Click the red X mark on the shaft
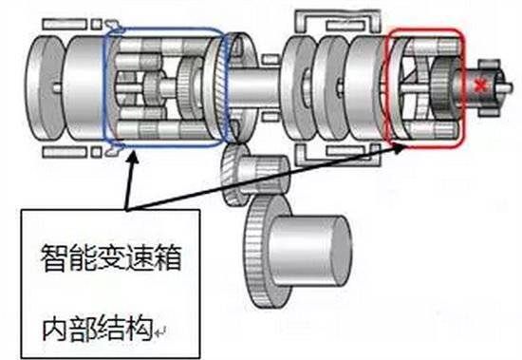tap(480, 86)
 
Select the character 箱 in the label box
tap(167, 258)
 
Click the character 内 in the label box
tap(56, 329)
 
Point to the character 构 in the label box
tap(140, 329)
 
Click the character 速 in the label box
tap(139, 258)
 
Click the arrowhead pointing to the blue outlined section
tap(133, 157)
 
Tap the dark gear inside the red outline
tap(445, 87)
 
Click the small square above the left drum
tap(96, 24)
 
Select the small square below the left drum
tap(96, 152)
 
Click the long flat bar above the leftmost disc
tap(65, 24)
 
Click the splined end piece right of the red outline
tap(491, 87)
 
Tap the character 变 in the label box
tap(111, 258)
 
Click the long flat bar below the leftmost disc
tap(65, 152)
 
